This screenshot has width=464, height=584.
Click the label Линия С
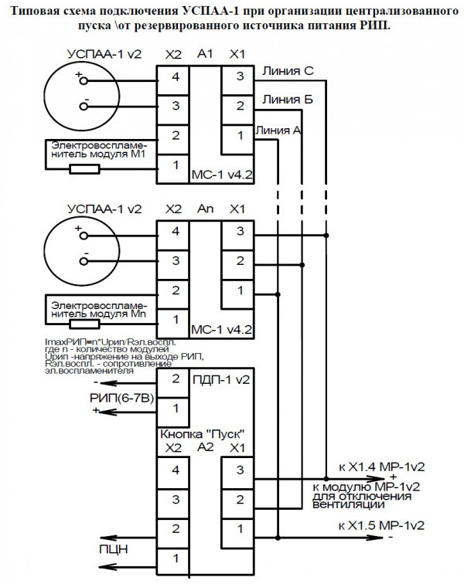coord(288,72)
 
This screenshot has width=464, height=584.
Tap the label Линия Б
coord(287,100)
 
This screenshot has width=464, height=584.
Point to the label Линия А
coord(278,130)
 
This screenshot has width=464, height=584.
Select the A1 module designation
coord(205,55)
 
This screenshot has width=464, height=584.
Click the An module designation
coord(206,209)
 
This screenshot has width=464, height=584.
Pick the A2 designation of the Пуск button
coord(206,446)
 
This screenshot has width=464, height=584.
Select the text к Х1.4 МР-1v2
coord(381,467)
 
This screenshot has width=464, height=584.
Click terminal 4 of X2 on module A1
coord(175,76)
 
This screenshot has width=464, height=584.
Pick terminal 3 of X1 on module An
coord(239,230)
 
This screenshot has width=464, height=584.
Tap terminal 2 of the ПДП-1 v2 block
coord(175,379)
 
